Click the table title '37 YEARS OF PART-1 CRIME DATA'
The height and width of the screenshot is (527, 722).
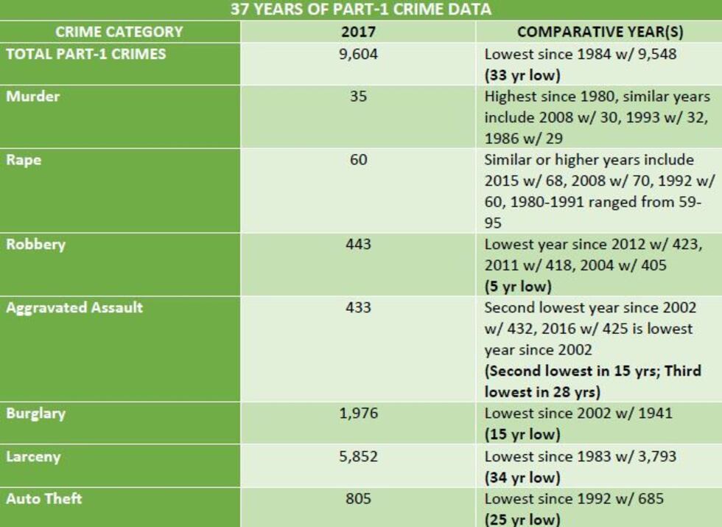click(360, 10)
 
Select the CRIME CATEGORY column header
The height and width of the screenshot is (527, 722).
click(119, 32)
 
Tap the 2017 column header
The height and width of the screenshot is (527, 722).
click(358, 32)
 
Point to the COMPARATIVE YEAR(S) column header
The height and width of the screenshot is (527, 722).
click(598, 32)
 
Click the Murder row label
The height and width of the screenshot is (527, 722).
click(33, 97)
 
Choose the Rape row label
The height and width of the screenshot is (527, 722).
click(24, 160)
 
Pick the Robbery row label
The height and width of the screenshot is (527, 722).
click(35, 244)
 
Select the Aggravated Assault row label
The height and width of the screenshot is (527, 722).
click(74, 307)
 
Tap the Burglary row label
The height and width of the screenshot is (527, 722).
click(35, 413)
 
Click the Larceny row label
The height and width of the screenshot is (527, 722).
click(33, 456)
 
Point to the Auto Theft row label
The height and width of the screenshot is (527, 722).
click(44, 498)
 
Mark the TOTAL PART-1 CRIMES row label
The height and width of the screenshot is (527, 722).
click(86, 54)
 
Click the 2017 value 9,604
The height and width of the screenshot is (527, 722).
click(358, 54)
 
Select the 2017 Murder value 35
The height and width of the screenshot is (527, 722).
click(358, 97)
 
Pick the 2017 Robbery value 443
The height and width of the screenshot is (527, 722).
click(358, 244)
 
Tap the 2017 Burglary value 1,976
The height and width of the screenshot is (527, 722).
click(358, 413)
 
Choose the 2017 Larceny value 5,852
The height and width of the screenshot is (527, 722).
click(358, 456)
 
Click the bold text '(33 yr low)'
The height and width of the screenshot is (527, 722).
click(522, 74)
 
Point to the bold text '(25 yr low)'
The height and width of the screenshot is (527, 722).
click(522, 519)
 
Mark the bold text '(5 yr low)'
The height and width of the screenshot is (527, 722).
click(518, 286)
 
